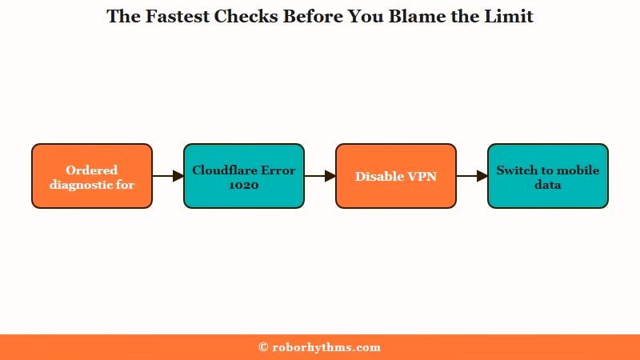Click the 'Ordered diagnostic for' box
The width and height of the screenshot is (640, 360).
pos(92,176)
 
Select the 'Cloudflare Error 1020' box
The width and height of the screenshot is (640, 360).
pos(244,176)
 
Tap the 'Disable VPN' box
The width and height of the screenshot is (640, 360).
pos(396,176)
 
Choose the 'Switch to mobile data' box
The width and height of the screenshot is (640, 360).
pos(548,176)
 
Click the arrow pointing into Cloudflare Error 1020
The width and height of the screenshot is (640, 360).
pos(168,176)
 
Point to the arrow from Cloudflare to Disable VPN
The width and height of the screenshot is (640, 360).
pos(320,176)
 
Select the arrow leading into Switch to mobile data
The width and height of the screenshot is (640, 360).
pos(472,176)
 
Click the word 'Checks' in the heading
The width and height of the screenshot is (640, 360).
pos(246,16)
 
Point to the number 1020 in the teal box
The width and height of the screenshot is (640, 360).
pos(244,185)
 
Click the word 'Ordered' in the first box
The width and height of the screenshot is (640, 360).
pos(92,170)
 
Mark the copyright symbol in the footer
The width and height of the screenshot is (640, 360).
pos(263,347)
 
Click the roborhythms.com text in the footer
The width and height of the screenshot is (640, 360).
pos(326,347)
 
